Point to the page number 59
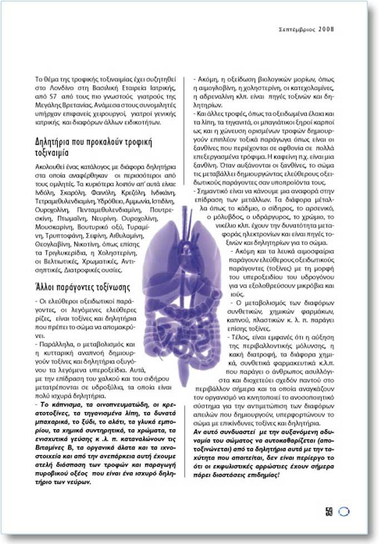point(329,512)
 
